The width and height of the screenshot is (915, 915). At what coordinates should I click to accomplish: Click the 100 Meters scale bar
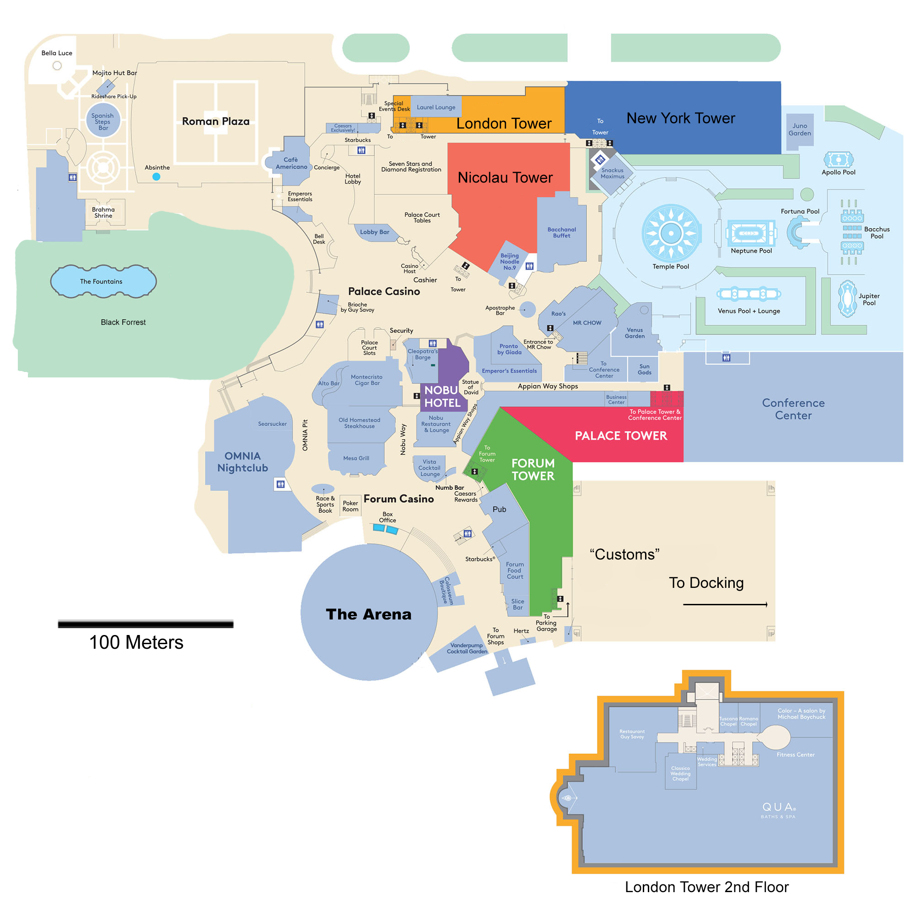[x=145, y=624]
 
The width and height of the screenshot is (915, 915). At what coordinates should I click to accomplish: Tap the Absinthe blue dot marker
[x=156, y=177]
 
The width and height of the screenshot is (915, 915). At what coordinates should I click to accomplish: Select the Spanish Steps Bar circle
[x=103, y=121]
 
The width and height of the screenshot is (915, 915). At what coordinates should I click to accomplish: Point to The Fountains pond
[x=103, y=281]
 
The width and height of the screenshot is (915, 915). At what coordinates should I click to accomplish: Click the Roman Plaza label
[x=215, y=121]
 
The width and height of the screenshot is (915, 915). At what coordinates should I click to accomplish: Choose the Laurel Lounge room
[x=436, y=108]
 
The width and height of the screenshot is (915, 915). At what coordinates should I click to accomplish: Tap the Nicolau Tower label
[x=505, y=178]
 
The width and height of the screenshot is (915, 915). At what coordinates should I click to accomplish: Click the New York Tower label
[x=681, y=118]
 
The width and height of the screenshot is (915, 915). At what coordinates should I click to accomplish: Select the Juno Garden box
[x=799, y=130]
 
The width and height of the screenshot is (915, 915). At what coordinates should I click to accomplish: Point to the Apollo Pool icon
[x=838, y=160]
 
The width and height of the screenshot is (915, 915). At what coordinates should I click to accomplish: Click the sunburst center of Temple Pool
[x=671, y=233]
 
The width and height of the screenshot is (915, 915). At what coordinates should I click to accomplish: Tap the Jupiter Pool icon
[x=847, y=298]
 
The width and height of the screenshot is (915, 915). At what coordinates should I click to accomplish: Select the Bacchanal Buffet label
[x=561, y=232]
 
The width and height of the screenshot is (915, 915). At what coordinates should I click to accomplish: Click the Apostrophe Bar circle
[x=527, y=310]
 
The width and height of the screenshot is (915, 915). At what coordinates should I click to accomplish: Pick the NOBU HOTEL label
[x=442, y=396]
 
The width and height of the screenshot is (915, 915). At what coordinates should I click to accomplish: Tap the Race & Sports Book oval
[x=323, y=489]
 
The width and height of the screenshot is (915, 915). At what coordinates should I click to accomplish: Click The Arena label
[x=368, y=614]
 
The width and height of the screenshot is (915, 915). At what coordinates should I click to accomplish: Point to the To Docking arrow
[x=725, y=604]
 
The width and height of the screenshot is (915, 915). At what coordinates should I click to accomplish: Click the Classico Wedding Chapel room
[x=680, y=773]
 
